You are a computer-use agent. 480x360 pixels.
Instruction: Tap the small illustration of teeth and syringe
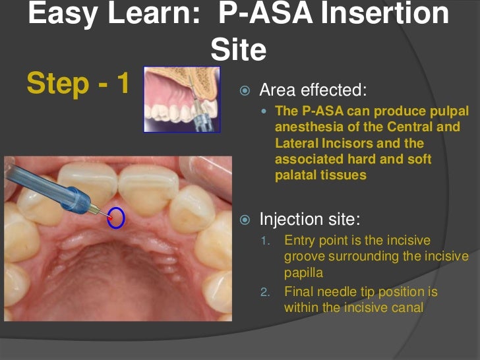tap(181, 99)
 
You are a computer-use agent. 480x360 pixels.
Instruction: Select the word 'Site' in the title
tap(239, 50)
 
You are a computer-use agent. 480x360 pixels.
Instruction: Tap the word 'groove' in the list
tap(305, 256)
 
